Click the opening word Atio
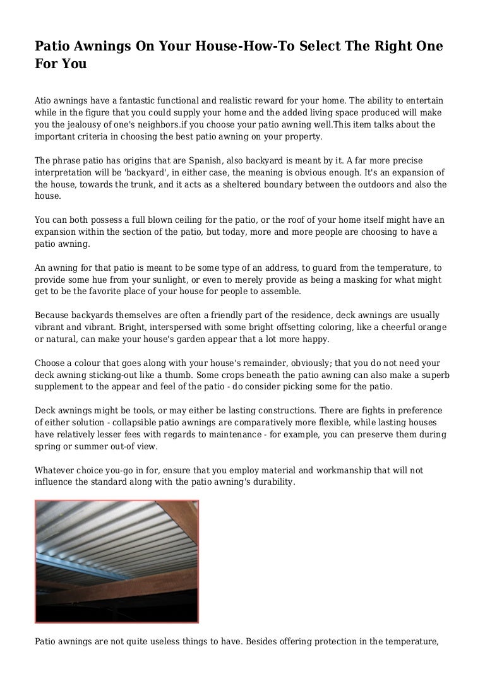[43, 101]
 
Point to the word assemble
[283, 292]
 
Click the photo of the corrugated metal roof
[117, 562]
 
